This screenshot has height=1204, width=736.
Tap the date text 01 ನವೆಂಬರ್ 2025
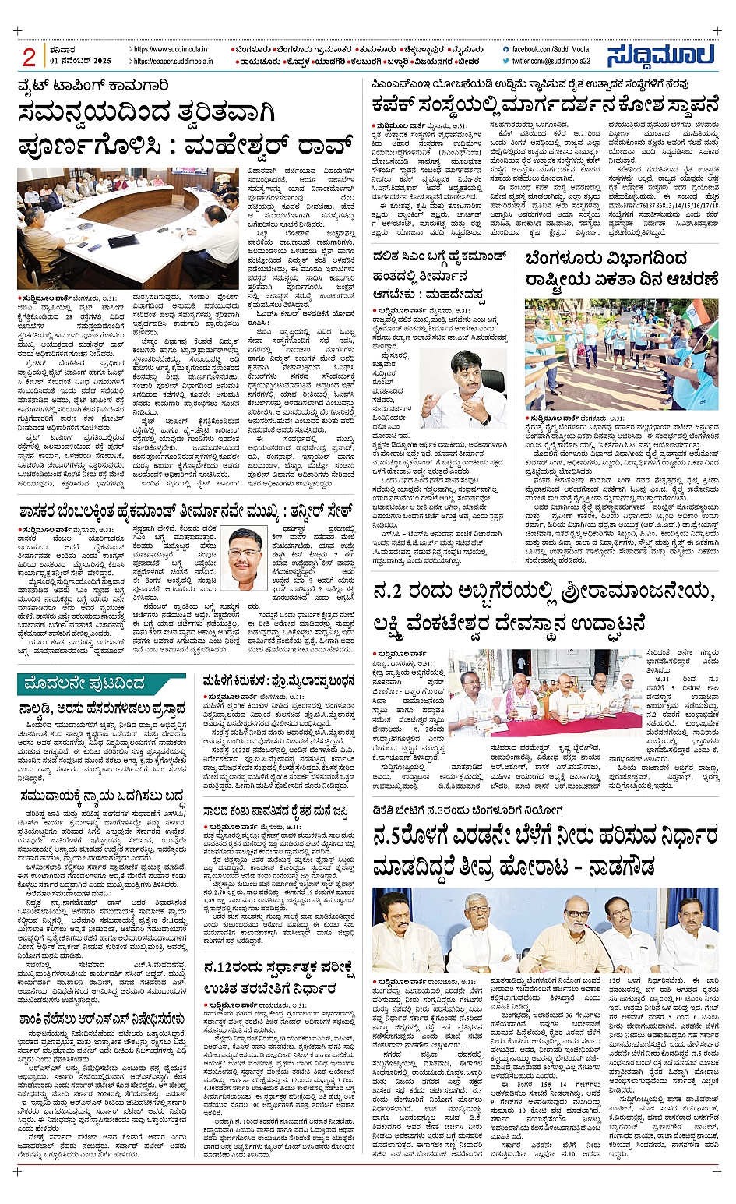click(80, 61)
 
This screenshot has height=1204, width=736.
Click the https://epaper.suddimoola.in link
click(170, 61)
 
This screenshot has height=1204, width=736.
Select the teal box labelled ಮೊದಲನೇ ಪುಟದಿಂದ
click(101, 683)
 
